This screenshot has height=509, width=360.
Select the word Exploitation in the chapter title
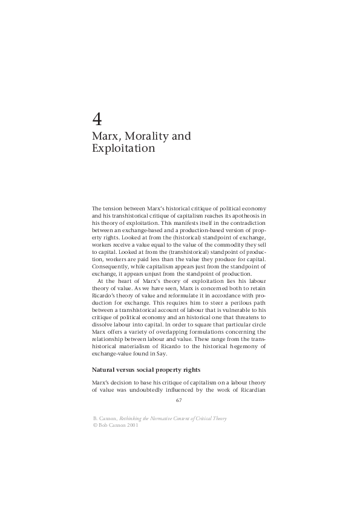(x=123, y=148)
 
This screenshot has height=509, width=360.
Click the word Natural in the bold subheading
(x=104, y=369)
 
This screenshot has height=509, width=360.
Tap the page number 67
(x=178, y=400)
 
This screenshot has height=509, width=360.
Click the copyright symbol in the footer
(x=94, y=425)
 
